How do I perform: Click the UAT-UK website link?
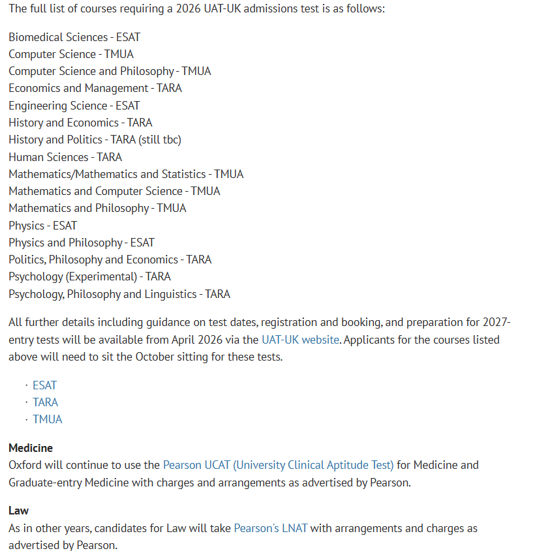(300, 340)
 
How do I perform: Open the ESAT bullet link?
(44, 385)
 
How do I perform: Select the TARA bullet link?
(46, 402)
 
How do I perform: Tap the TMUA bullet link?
(48, 419)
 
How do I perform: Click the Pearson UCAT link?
(278, 465)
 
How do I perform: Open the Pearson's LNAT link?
(270, 528)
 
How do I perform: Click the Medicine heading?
(31, 448)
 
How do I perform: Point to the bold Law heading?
(19, 511)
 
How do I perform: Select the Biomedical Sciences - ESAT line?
(74, 37)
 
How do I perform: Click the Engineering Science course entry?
(74, 106)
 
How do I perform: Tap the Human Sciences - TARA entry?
(65, 157)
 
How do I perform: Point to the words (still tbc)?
(160, 140)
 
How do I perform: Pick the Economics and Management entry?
(95, 88)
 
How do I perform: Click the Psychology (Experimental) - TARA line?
(89, 276)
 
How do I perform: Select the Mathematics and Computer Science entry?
(114, 191)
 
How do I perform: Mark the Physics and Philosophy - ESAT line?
(82, 243)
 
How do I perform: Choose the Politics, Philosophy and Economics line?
(110, 260)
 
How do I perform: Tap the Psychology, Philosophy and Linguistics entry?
(119, 294)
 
